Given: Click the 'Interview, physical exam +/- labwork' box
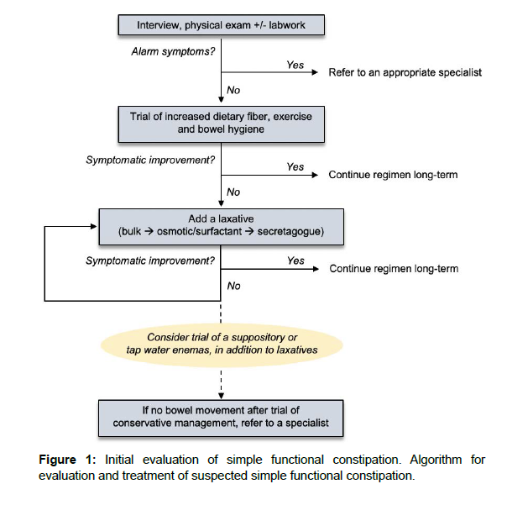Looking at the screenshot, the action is click(x=221, y=25).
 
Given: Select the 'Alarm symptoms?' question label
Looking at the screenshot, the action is click(x=173, y=51).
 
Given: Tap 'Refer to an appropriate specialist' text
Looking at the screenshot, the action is click(x=405, y=72).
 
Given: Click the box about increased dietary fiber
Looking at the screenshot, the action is click(x=221, y=124).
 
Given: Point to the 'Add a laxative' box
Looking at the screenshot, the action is click(x=221, y=227).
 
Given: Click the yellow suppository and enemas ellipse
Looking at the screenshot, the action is click(x=222, y=345).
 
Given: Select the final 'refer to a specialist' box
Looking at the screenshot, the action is click(x=221, y=418).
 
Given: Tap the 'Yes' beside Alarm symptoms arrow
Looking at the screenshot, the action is click(x=295, y=65).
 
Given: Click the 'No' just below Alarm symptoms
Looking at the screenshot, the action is click(x=233, y=90).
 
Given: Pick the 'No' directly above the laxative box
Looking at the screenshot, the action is click(x=233, y=192).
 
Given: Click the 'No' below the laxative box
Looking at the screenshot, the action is click(x=233, y=286).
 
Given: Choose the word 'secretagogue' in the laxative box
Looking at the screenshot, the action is click(x=290, y=231).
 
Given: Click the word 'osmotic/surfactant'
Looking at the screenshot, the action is click(x=199, y=231).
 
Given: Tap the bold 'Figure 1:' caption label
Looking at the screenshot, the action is click(x=67, y=460).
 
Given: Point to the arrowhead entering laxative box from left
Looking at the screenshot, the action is click(x=94, y=227).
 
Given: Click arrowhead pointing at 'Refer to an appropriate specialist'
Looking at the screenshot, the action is click(x=315, y=72).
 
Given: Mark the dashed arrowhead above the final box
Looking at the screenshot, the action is click(x=221, y=397).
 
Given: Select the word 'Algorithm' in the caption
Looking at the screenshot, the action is click(x=436, y=460).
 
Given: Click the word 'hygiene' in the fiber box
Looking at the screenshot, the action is click(x=246, y=129).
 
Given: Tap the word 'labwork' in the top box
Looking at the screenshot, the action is click(x=287, y=25).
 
